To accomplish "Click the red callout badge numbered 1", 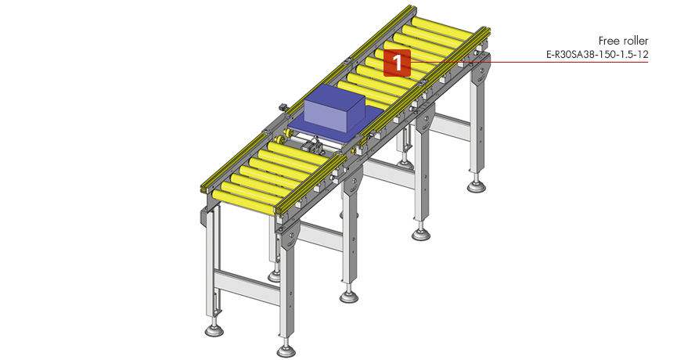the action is [397, 63].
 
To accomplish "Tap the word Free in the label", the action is [607, 41].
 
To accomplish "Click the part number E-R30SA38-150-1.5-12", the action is [597, 55].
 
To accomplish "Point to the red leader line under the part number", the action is [530, 62].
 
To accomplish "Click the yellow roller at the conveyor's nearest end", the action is [244, 203].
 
